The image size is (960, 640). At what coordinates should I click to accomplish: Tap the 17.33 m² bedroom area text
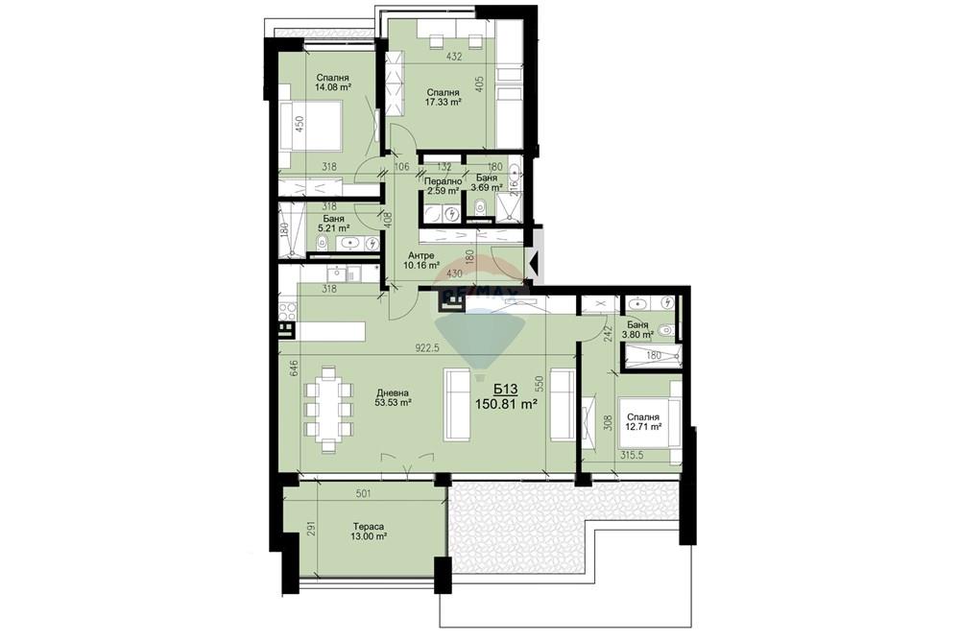[x=444, y=102]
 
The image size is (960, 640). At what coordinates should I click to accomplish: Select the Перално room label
[x=443, y=180]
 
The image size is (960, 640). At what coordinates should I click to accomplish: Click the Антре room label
[x=420, y=255]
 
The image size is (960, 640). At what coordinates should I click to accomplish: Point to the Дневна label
[x=393, y=392]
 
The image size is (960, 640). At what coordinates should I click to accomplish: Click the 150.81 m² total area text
[x=506, y=405]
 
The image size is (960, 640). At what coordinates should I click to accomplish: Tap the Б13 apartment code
[x=505, y=389]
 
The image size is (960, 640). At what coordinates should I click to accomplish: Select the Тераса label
[x=368, y=527]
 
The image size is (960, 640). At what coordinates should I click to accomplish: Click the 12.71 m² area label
[x=643, y=429]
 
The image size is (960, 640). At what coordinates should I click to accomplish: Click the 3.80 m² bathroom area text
[x=639, y=336]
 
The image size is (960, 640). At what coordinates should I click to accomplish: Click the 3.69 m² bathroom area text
[x=486, y=188]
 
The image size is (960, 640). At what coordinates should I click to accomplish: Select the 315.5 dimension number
[x=637, y=456]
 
